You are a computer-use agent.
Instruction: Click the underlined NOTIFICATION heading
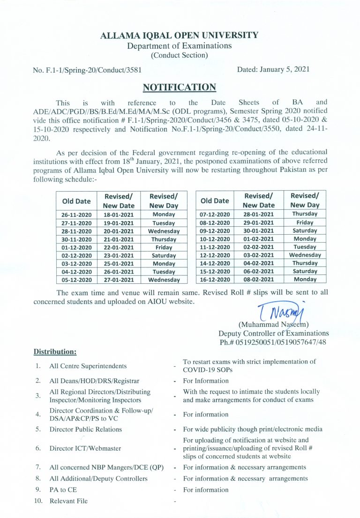180,87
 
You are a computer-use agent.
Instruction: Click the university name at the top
180,35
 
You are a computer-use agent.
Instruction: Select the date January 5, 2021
273,69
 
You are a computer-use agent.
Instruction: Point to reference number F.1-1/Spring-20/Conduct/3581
87,70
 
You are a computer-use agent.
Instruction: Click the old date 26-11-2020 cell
76,215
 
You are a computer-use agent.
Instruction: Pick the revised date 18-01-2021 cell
119,215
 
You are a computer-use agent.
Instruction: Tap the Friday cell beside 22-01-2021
164,247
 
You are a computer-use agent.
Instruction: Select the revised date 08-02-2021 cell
258,279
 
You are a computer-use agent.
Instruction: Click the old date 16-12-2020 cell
215,279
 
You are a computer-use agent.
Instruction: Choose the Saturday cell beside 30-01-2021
305,230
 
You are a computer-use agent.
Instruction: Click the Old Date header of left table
76,201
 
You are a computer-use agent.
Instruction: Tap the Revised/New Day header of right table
305,200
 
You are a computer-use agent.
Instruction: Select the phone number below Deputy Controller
273,342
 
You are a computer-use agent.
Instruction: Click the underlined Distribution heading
55,351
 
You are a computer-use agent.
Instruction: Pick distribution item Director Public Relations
85,429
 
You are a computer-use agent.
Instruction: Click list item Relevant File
68,501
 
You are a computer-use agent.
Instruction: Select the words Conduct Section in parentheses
180,55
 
